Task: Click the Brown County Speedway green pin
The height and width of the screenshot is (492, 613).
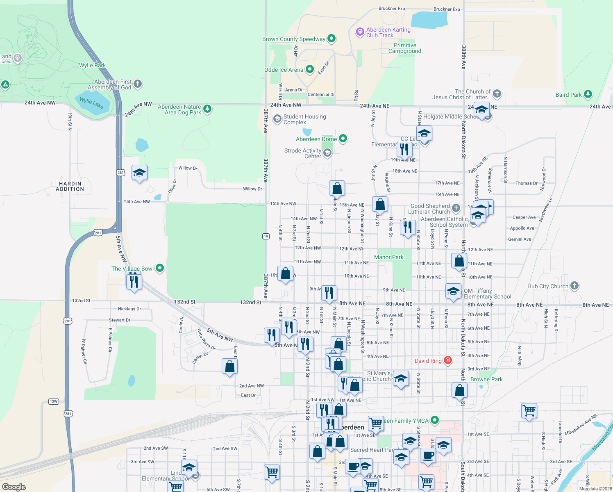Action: pos(331,39)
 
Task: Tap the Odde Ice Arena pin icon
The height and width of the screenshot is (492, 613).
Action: pos(310,69)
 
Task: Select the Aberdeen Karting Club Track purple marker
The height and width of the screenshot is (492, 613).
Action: pos(360,32)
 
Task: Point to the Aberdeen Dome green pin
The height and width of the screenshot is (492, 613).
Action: pos(343,139)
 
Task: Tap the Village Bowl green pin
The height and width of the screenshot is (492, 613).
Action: pos(160,268)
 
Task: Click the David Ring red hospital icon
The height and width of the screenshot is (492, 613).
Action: pos(448,360)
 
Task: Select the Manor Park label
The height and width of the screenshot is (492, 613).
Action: pos(388,257)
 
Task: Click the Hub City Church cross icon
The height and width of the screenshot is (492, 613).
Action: pos(574,286)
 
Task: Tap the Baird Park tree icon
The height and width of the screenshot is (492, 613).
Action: pos(588,94)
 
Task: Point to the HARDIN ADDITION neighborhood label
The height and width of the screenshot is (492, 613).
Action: pos(70,186)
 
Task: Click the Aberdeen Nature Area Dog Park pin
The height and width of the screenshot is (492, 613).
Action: pos(207,109)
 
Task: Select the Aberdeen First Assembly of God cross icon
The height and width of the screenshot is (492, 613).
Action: pos(138,84)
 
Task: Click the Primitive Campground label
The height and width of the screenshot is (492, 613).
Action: pos(405,48)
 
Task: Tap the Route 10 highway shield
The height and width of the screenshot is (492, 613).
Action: pos(266,236)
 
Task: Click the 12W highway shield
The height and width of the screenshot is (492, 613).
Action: pos(53,401)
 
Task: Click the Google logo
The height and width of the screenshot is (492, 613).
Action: pos(14,487)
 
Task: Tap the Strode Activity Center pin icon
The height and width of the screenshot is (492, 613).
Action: pos(327,153)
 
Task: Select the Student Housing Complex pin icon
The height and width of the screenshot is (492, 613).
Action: pos(277,119)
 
